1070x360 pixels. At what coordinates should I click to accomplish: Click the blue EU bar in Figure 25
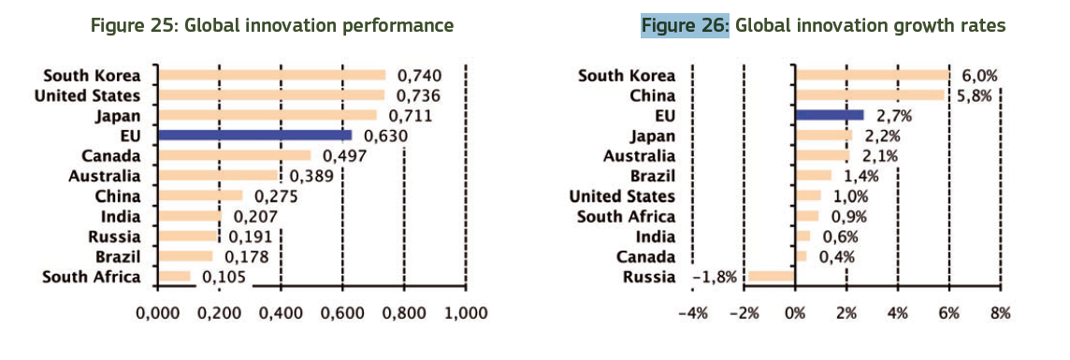[254, 136]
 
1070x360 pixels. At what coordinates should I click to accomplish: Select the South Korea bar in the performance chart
[271, 76]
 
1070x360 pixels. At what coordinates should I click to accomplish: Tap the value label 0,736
[418, 95]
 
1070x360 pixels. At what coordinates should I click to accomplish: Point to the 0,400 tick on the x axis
[282, 312]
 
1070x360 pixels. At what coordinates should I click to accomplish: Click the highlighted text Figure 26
[685, 25]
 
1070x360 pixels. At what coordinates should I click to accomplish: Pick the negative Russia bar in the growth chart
[771, 276]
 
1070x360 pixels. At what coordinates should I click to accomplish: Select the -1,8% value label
[715, 276]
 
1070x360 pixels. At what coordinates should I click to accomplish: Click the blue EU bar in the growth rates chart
[829, 115]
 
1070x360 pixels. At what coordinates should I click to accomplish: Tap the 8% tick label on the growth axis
[1000, 312]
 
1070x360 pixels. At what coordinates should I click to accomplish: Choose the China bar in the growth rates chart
[869, 94]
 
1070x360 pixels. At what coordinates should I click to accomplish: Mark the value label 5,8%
[975, 95]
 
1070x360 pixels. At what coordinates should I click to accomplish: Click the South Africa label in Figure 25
[92, 276]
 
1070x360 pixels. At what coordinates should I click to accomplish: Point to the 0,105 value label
[223, 276]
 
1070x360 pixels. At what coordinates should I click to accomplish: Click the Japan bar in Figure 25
[267, 115]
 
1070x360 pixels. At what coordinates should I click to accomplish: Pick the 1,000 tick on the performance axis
[466, 312]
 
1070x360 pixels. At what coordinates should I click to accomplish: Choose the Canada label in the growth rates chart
[646, 256]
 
